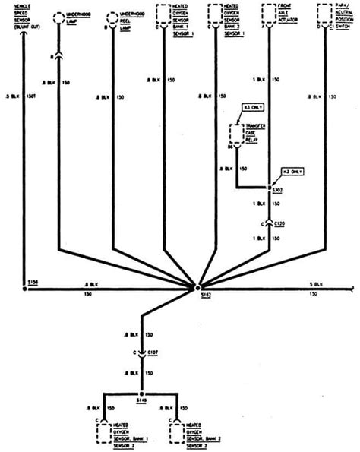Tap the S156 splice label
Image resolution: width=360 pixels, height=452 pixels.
pyautogui.click(x=30, y=281)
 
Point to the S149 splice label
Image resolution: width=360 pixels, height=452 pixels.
pyautogui.click(x=141, y=400)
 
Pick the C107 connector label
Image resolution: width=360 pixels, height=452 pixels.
pyautogui.click(x=151, y=352)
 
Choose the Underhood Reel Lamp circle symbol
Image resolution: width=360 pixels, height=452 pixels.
pyautogui.click(x=112, y=17)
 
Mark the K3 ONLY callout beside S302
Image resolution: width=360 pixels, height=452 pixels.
pyautogui.click(x=292, y=172)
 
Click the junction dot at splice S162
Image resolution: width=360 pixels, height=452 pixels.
pyautogui.click(x=197, y=289)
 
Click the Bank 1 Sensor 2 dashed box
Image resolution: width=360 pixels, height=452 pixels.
pyautogui.click(x=104, y=434)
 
